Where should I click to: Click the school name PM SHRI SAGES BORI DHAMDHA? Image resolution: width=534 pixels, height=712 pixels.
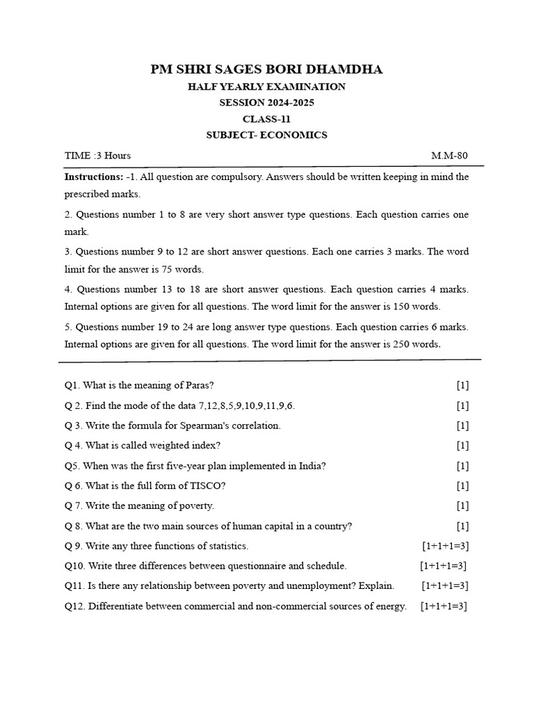pos(266,70)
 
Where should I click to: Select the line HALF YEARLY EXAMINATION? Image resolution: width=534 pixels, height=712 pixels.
pos(266,87)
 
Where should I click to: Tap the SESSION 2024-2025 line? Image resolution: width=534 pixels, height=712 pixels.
pos(266,103)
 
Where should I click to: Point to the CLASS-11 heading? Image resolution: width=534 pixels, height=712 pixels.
pos(266,119)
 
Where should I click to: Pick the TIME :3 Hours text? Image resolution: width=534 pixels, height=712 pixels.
pos(97,155)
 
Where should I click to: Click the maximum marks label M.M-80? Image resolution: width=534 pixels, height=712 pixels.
pos(449,155)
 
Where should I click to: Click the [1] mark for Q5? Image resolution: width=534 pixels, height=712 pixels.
pos(462,466)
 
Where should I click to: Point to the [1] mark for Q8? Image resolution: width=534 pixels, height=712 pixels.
pos(462,526)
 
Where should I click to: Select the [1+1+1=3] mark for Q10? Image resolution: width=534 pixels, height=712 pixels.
pos(443,566)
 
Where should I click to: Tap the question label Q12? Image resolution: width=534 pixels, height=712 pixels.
pos(74,606)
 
